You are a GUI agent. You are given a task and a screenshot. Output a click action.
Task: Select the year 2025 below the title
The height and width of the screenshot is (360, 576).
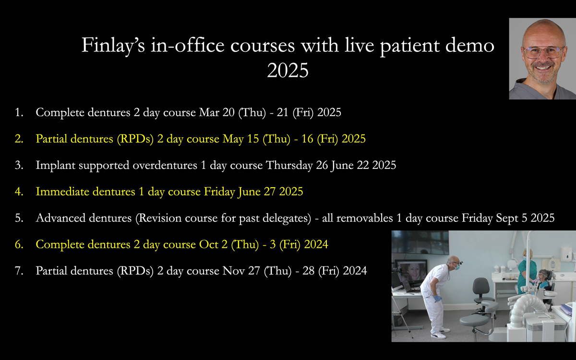[x=288, y=71]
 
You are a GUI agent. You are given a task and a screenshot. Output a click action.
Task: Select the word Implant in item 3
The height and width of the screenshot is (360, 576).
[x=53, y=166]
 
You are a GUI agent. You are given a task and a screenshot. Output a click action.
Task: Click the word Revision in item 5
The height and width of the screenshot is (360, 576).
[x=160, y=218]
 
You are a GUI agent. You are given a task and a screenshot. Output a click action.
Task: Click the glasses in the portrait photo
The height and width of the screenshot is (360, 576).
[x=543, y=51]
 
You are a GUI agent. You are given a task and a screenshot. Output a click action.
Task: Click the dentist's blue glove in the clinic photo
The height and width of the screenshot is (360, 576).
[x=437, y=299]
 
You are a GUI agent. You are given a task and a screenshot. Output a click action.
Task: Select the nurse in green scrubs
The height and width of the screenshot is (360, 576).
[x=525, y=274]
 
